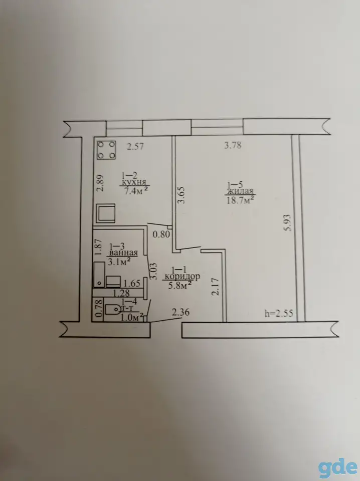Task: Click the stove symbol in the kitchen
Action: [106, 150]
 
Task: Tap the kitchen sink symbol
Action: [106, 213]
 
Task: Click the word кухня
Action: [133, 182]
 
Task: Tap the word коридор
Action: [183, 277]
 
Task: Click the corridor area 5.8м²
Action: [181, 286]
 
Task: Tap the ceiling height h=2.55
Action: [279, 313]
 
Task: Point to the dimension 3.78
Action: [233, 145]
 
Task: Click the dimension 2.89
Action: [100, 183]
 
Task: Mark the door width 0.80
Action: [161, 234]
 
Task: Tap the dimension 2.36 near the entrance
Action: [181, 313]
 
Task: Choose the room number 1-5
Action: [235, 185]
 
